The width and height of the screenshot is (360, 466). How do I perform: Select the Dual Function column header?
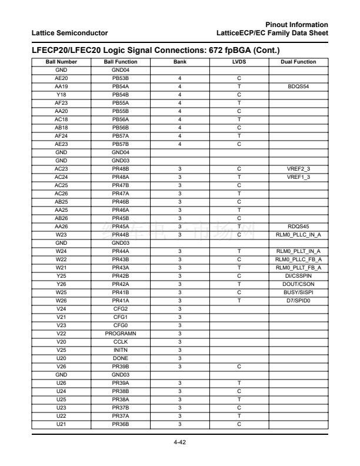click(298, 62)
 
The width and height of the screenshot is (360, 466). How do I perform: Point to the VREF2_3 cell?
click(298, 169)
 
